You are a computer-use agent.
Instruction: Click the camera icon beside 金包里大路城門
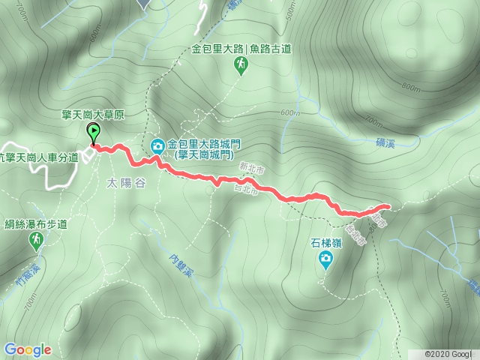[x=158, y=145]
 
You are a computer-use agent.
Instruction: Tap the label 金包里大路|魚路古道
[x=241, y=49]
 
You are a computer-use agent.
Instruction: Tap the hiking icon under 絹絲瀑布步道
[x=35, y=239]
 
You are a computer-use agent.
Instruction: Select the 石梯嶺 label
[x=325, y=244]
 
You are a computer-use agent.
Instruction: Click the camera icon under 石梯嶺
[x=325, y=260]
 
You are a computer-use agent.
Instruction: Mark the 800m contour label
[x=410, y=87]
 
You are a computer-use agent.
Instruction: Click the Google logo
[x=27, y=349]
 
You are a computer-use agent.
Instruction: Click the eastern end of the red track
[x=388, y=205]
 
